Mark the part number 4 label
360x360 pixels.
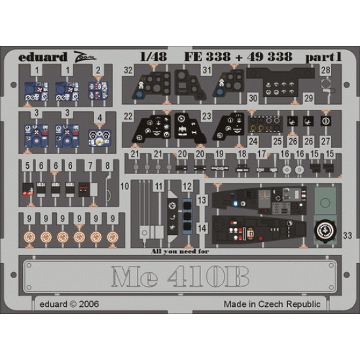coord(99,118)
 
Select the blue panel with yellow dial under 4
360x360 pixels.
coord(98,138)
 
